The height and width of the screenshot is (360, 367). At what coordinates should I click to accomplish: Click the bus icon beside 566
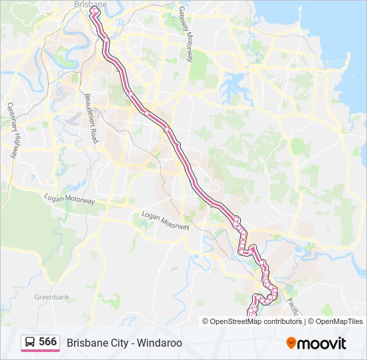coord(30,343)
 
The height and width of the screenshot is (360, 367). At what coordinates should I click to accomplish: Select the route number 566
coord(48,342)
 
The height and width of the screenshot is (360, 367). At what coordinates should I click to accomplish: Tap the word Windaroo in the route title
coord(161,343)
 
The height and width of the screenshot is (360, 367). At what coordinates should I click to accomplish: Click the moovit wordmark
coord(322,343)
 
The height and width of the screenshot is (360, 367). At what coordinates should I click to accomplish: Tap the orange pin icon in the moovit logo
coord(291,343)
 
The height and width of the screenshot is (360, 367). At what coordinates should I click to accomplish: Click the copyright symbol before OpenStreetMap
coord(206,321)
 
